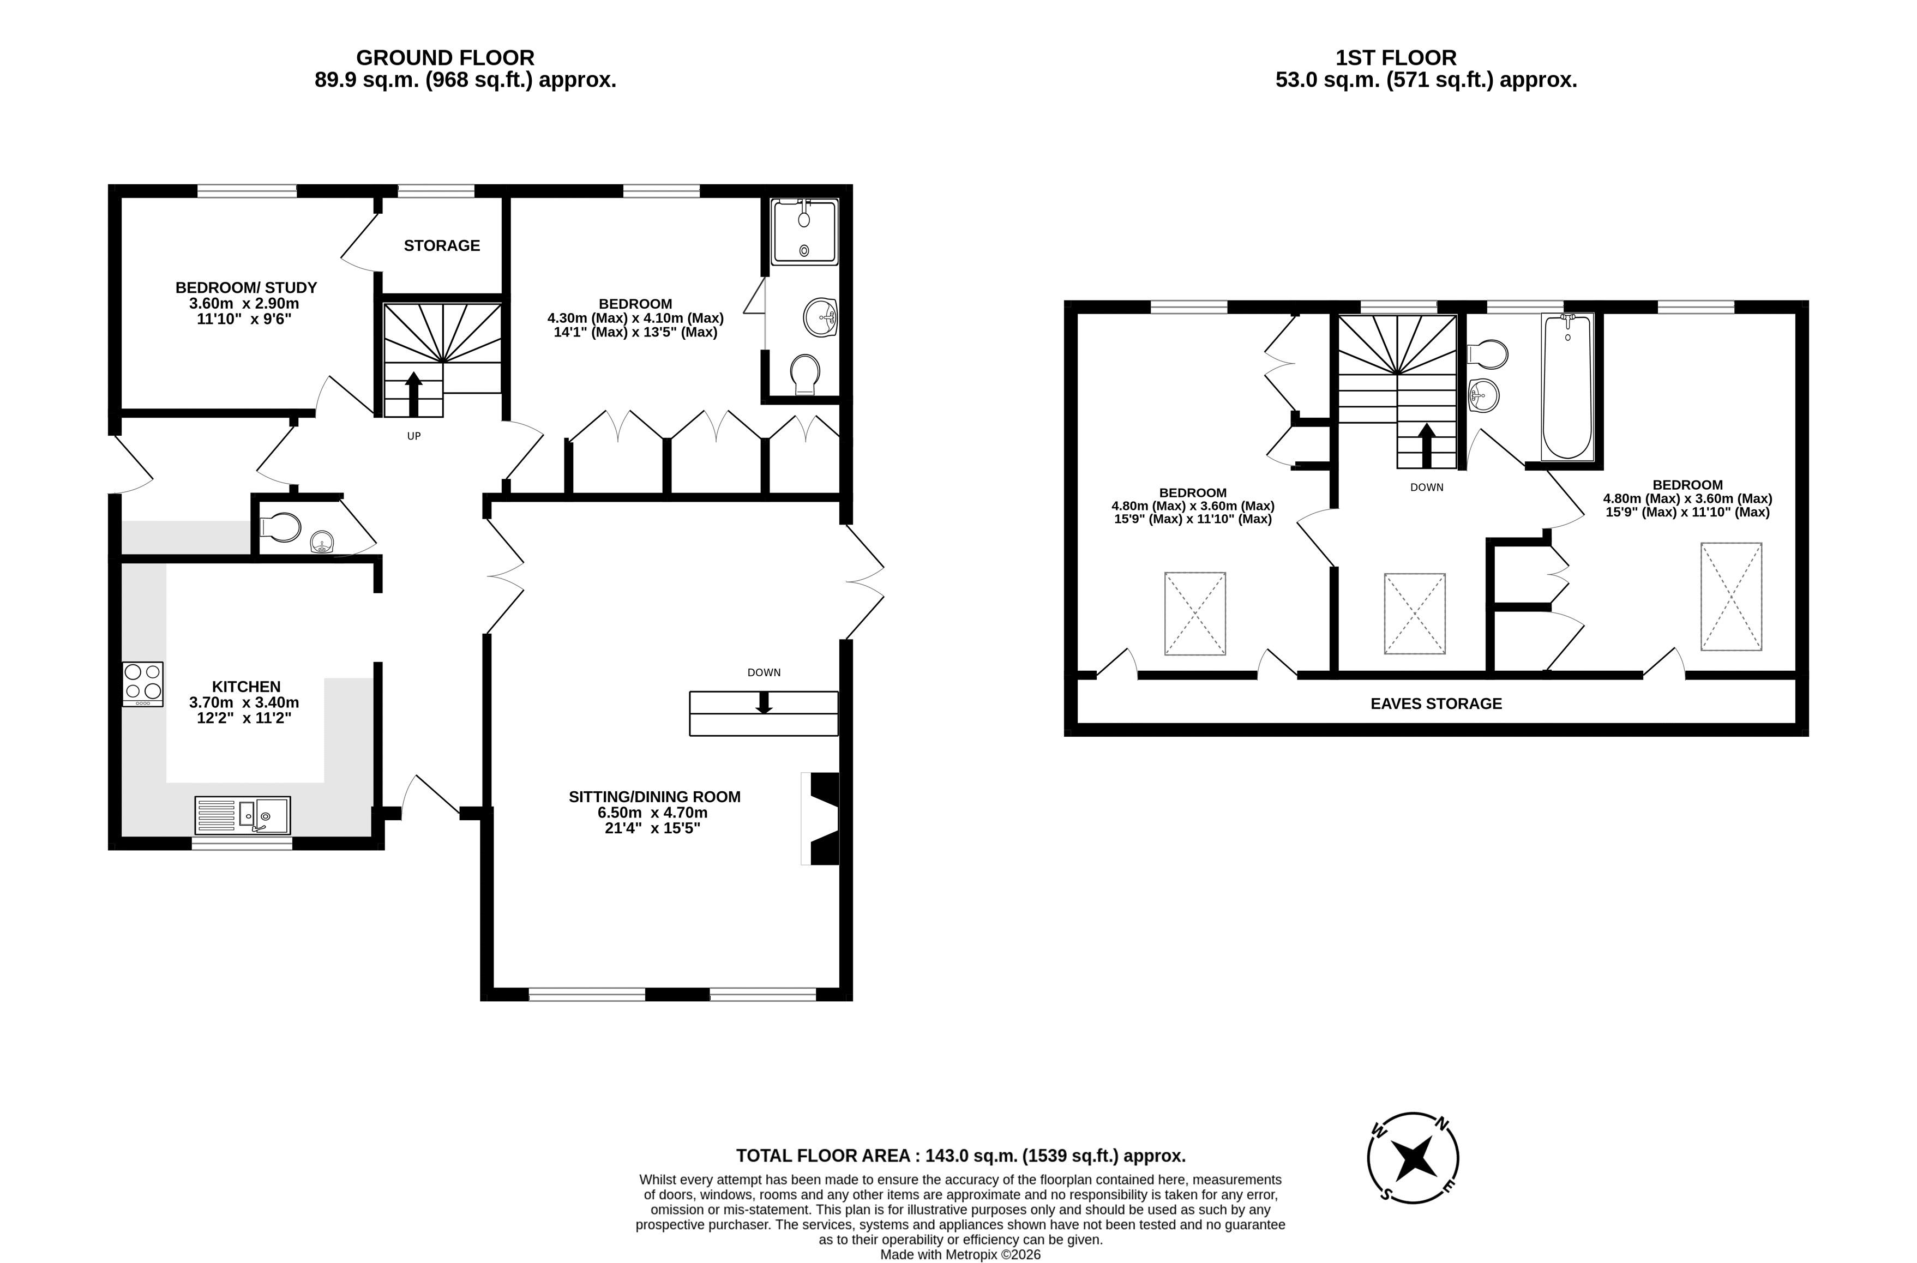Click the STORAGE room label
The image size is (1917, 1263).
[441, 245]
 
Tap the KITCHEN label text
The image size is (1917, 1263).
[245, 686]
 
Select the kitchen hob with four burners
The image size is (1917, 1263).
[142, 684]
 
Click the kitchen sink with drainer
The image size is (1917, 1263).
[243, 815]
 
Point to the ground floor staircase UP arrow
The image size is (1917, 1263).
[413, 394]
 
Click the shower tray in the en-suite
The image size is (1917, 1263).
[804, 232]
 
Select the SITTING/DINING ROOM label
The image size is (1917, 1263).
[654, 797]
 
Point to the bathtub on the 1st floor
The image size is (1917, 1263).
[1567, 387]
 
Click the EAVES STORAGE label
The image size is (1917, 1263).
[1436, 703]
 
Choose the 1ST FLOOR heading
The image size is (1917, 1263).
[1396, 58]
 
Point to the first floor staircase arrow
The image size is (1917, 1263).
[1427, 446]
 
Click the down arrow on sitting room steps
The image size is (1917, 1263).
[764, 702]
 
